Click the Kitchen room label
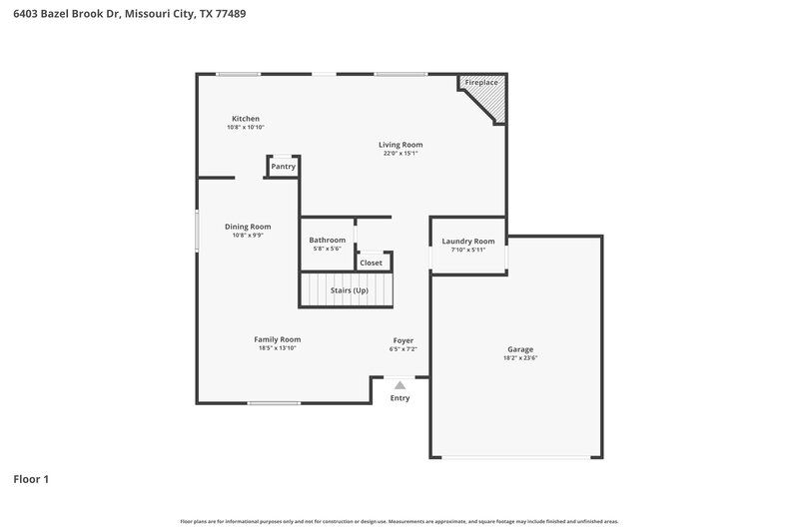pos(246,119)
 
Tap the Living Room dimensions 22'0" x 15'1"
pos(400,154)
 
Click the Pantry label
pos(283,167)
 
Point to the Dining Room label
pos(248,227)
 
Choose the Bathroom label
pos(327,240)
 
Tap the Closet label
pos(371,263)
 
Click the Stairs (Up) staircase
pos(347,289)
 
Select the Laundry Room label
pos(468,242)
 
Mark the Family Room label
pos(277,339)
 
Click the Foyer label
pos(402,340)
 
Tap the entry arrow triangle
pos(399,384)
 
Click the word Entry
pos(399,398)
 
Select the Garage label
pos(519,349)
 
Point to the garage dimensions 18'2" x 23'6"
pos(519,358)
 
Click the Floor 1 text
pos(31,479)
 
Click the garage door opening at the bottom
pos(515,457)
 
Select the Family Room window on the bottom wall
pos(274,403)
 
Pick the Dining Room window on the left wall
pos(197,233)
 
